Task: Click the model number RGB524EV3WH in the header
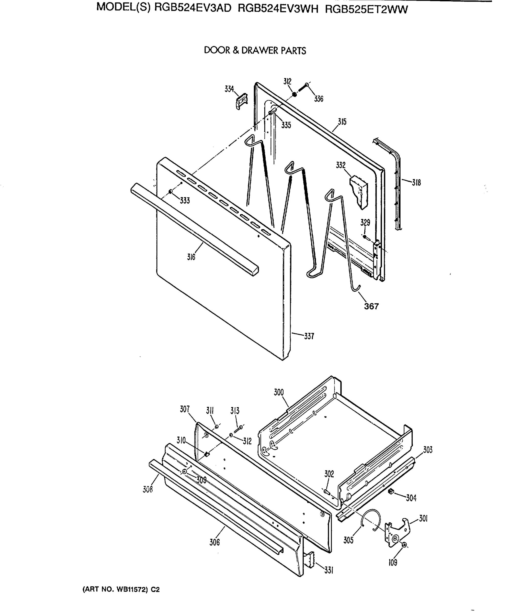[x=278, y=9]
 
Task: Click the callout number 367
[x=371, y=306]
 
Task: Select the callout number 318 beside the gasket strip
[x=416, y=183]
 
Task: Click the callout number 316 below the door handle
[x=191, y=257]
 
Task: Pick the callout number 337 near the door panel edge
[x=309, y=336]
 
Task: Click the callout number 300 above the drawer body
[x=278, y=392]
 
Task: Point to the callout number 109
[x=393, y=563]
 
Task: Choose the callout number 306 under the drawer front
[x=214, y=542]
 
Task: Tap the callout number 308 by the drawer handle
[x=148, y=489]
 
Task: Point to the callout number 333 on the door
[x=185, y=201]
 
